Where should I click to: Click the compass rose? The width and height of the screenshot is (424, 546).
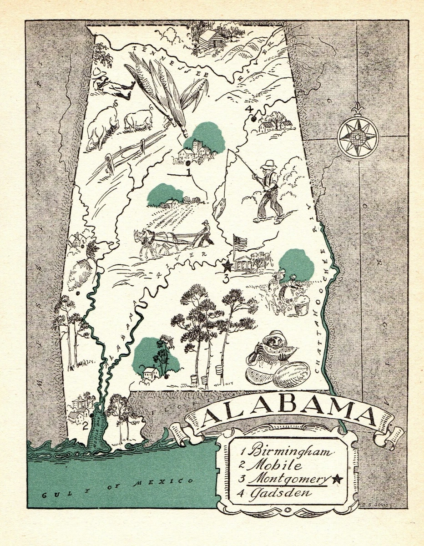pos(358,136)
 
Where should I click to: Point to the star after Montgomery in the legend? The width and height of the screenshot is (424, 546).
pos(337,478)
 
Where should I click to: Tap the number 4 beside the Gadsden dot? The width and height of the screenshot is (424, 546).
pos(248,109)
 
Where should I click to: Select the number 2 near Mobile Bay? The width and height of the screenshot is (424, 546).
pos(85,426)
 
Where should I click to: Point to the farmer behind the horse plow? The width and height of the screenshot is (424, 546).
pos(206,233)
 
